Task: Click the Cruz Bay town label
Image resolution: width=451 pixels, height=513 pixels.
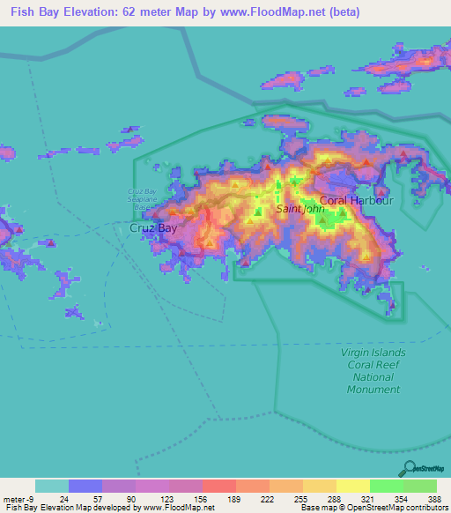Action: (x=153, y=227)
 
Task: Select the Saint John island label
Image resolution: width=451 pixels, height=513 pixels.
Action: (x=301, y=210)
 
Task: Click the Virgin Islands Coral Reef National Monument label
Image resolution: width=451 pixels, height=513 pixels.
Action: (x=373, y=370)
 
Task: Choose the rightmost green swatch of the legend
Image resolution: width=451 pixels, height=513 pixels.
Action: (x=419, y=486)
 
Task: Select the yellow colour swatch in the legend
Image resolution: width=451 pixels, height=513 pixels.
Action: (x=352, y=486)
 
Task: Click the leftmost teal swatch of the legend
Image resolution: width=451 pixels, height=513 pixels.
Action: (x=52, y=486)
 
